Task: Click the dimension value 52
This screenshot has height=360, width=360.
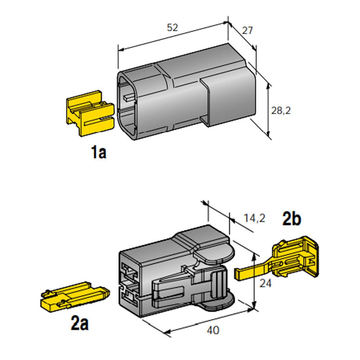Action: point(172,27)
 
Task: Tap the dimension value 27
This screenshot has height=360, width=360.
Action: point(247,31)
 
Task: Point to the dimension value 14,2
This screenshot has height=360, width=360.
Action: point(255,219)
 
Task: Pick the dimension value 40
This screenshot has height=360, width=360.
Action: point(214,330)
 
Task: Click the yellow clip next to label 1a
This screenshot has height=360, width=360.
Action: point(89,113)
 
